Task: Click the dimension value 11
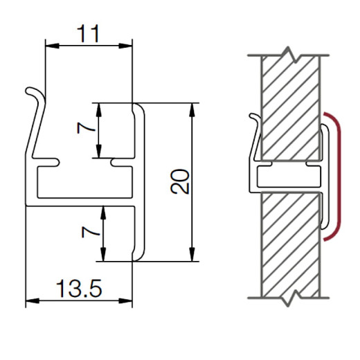pyautogui.click(x=88, y=34)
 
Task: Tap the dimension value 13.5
pyautogui.click(x=79, y=289)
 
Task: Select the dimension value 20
pyautogui.click(x=180, y=181)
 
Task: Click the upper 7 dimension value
pyautogui.click(x=86, y=128)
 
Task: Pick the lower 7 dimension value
pyautogui.click(x=91, y=232)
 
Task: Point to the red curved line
pyautogui.click(x=339, y=177)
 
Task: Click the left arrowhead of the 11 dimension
pyautogui.click(x=53, y=46)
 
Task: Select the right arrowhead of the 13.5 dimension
pyautogui.click(x=125, y=300)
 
